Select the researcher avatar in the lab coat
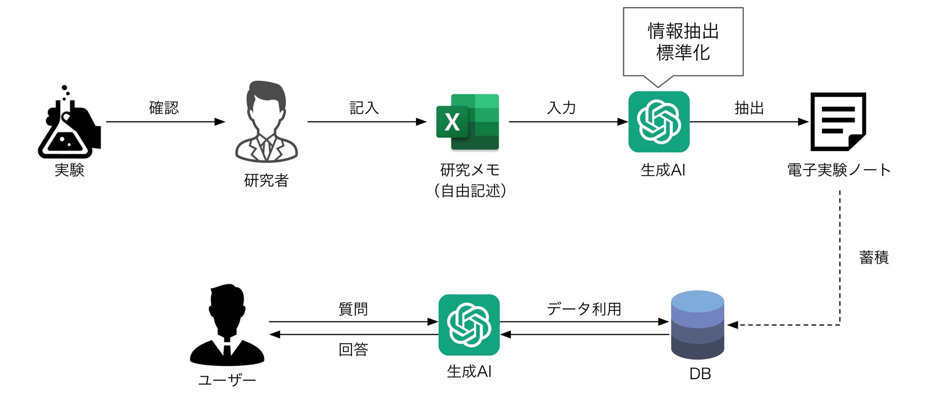[266, 122]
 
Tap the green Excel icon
[467, 122]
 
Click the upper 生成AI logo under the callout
[658, 122]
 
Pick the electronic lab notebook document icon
[838, 122]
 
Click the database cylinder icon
[697, 325]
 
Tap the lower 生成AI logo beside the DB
[469, 325]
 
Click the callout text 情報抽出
[683, 31]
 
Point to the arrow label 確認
[164, 108]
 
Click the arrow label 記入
[364, 108]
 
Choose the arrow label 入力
[562, 108]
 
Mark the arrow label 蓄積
[874, 258]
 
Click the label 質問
[353, 309]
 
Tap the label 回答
[353, 350]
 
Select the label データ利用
[584, 309]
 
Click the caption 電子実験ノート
[838, 170]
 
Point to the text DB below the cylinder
[700, 374]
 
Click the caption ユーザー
[227, 380]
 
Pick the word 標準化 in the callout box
[683, 53]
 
